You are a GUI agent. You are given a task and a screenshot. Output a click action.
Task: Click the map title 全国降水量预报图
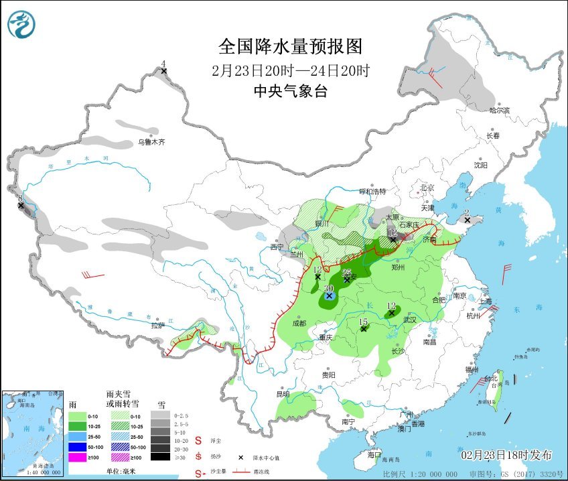tap(290, 46)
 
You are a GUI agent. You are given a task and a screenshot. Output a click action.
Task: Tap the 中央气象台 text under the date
tap(290, 92)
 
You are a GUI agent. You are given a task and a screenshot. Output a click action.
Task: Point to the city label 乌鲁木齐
tap(151, 142)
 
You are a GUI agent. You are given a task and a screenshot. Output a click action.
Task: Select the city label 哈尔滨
tap(499, 110)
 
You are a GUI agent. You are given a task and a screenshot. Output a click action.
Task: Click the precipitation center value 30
tap(328, 288)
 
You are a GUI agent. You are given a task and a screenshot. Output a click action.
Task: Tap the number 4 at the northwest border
tap(163, 64)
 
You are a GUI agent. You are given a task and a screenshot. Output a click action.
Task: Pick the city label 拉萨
tap(157, 326)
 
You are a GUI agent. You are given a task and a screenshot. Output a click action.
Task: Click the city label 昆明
tap(283, 394)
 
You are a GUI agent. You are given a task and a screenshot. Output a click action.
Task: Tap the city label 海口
tap(376, 454)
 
